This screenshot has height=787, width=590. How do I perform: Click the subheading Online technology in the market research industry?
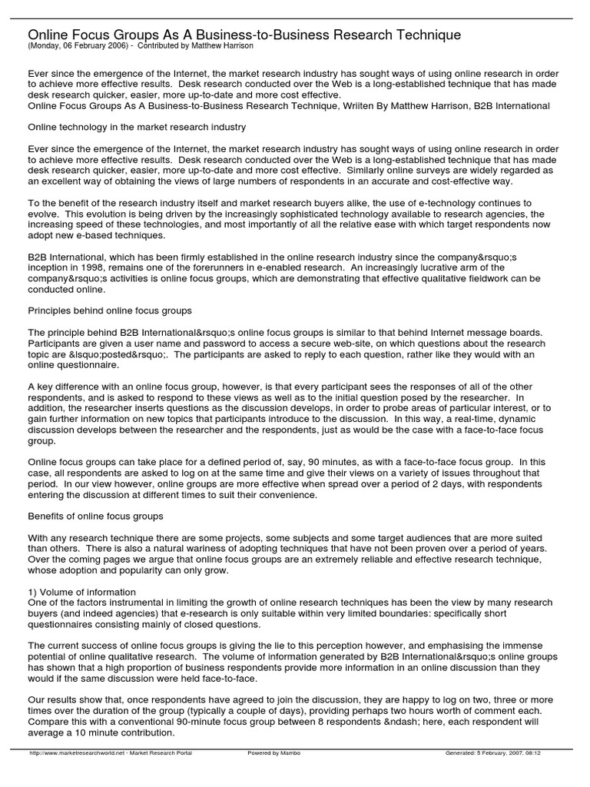tap(137, 127)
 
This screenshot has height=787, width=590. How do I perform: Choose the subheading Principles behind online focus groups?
tap(110, 310)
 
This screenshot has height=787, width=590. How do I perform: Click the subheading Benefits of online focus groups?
tap(95, 516)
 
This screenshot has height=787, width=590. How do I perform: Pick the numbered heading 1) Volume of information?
tap(82, 592)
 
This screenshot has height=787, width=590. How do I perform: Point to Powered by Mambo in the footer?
tap(273, 753)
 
